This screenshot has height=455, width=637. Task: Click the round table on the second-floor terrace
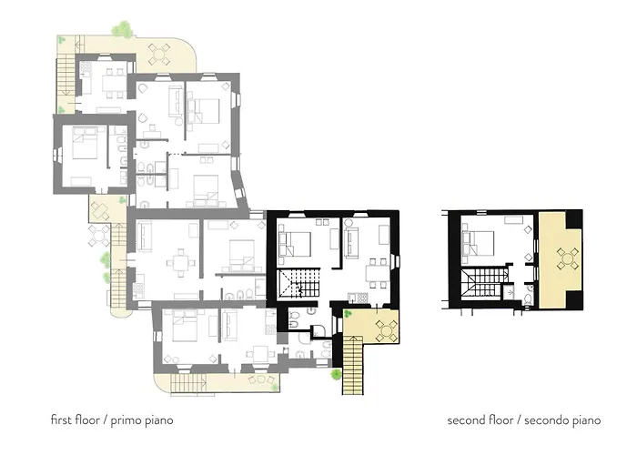point(568,258)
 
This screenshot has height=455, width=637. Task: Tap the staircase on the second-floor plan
point(484,283)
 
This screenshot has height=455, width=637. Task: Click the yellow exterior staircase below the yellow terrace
point(352,365)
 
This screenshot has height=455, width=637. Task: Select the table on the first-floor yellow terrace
point(386,330)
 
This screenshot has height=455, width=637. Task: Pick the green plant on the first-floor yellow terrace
point(348,314)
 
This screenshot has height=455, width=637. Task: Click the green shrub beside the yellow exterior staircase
point(336,374)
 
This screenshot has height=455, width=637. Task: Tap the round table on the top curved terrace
point(159,54)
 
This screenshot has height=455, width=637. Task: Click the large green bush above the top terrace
point(121,29)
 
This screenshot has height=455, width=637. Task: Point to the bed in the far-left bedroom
point(85,143)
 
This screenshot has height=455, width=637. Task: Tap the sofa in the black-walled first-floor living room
point(351,243)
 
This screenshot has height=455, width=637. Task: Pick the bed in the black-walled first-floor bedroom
point(295,244)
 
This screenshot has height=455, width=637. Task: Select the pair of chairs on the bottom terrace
point(262,379)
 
